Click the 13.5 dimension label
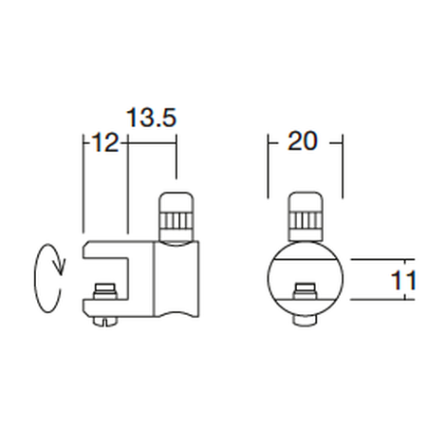151,118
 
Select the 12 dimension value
105,142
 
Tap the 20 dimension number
302,140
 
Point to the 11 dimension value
403,280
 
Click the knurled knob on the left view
176,217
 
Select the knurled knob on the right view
306,216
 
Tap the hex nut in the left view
105,291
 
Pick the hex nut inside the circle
306,291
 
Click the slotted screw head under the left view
105,322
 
